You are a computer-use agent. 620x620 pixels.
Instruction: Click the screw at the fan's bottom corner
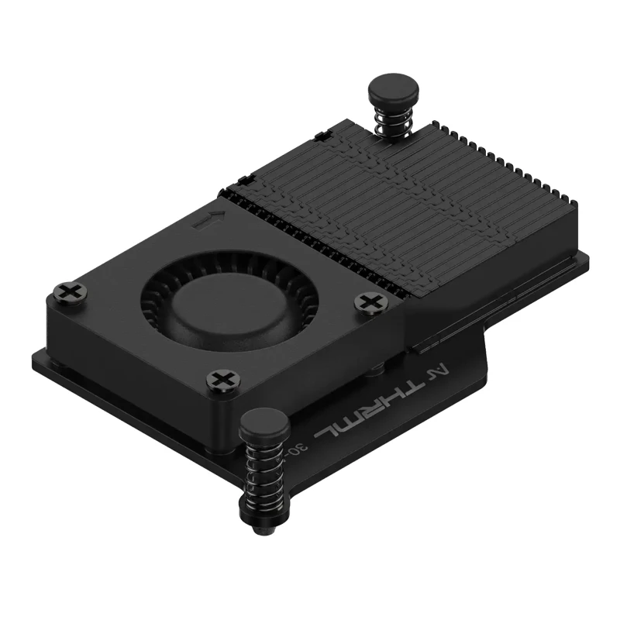click(222, 380)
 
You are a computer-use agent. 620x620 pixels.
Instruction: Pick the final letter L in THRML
click(334, 427)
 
